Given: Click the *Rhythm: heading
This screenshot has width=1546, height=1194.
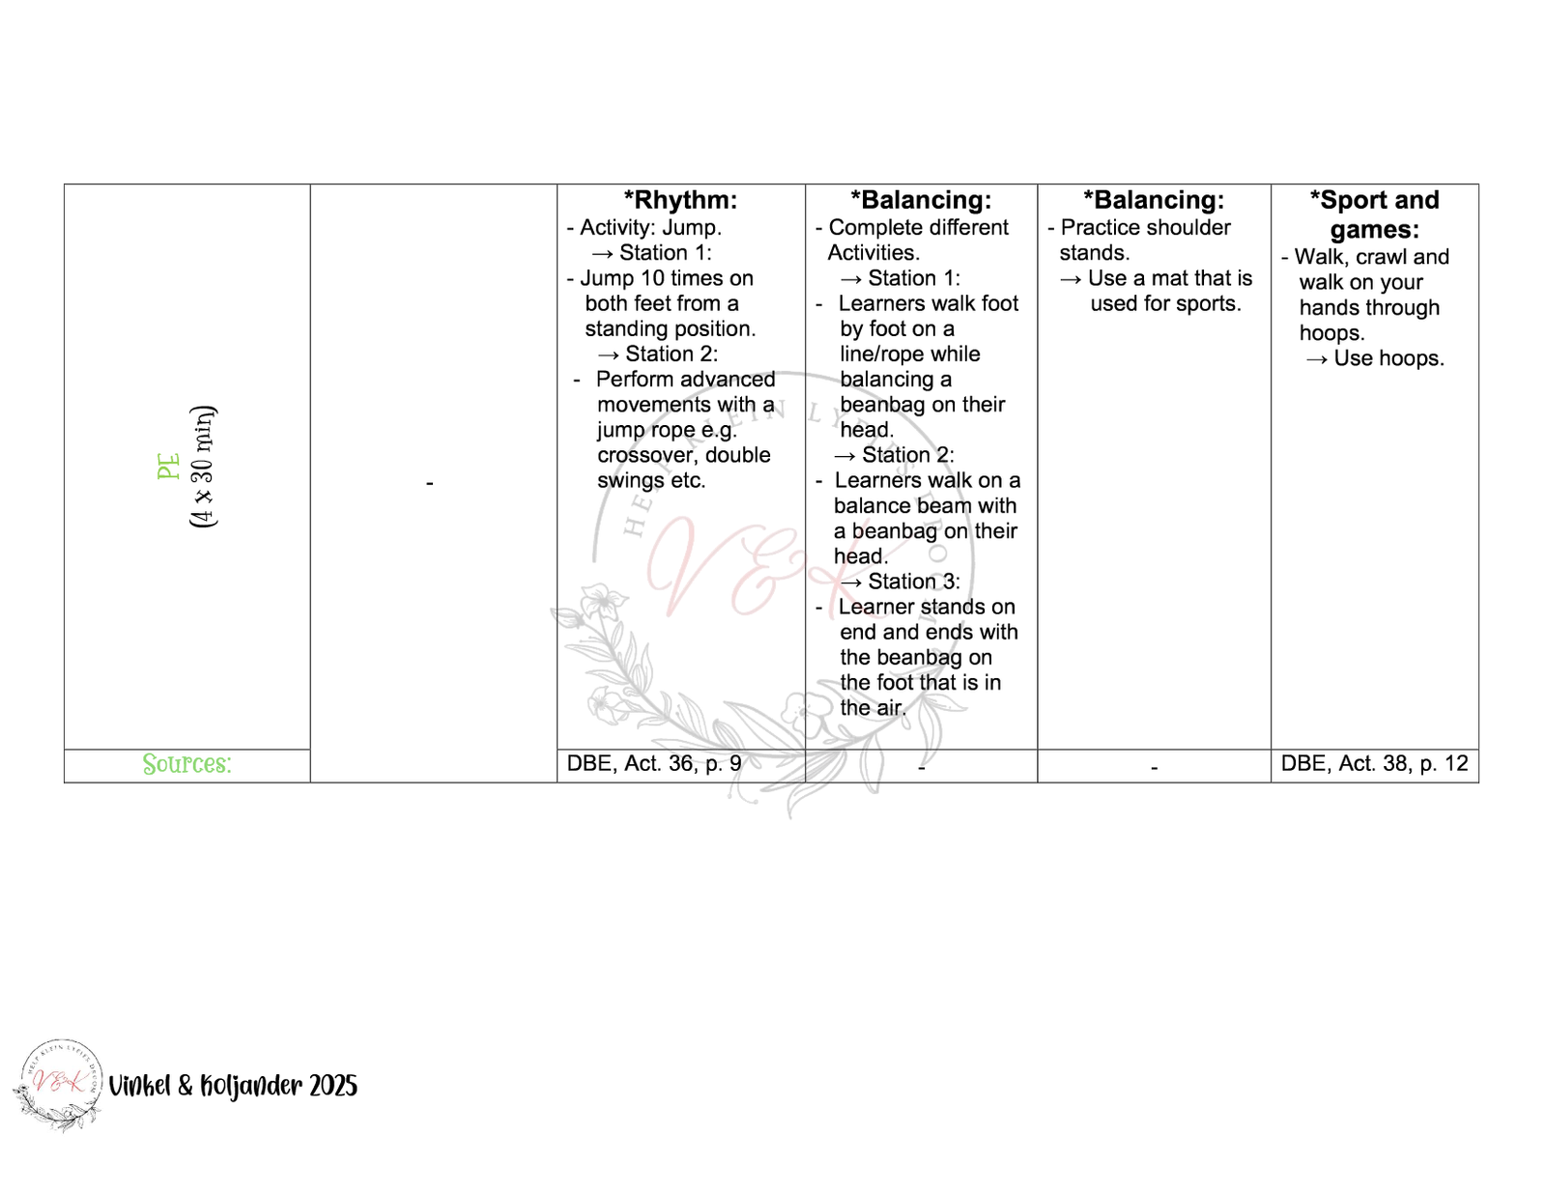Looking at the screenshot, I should [x=680, y=200].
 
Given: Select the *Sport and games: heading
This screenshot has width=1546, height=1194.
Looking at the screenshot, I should [x=1374, y=214].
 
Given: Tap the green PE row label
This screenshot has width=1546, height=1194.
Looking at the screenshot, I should [x=169, y=467].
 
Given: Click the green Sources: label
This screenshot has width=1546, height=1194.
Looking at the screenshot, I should [x=186, y=764].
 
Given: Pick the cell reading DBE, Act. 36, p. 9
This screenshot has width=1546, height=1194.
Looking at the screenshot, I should [x=653, y=764].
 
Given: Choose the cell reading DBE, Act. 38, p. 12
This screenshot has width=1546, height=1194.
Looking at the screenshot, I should [x=1374, y=764].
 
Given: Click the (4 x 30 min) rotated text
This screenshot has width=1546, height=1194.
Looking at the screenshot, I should [x=204, y=467].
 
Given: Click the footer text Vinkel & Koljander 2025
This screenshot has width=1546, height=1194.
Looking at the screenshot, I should [x=233, y=1086].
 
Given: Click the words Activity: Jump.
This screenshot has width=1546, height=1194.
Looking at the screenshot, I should [x=650, y=228].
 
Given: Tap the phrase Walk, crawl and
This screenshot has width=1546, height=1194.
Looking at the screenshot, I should [x=1371, y=257].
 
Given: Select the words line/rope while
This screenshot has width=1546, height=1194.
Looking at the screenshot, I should [x=909, y=355].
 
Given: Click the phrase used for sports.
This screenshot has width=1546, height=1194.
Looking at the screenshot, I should [x=1165, y=303].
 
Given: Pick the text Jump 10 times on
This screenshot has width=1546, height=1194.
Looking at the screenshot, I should [x=666, y=278].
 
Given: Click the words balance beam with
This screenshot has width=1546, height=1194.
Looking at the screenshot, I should [x=925, y=506].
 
